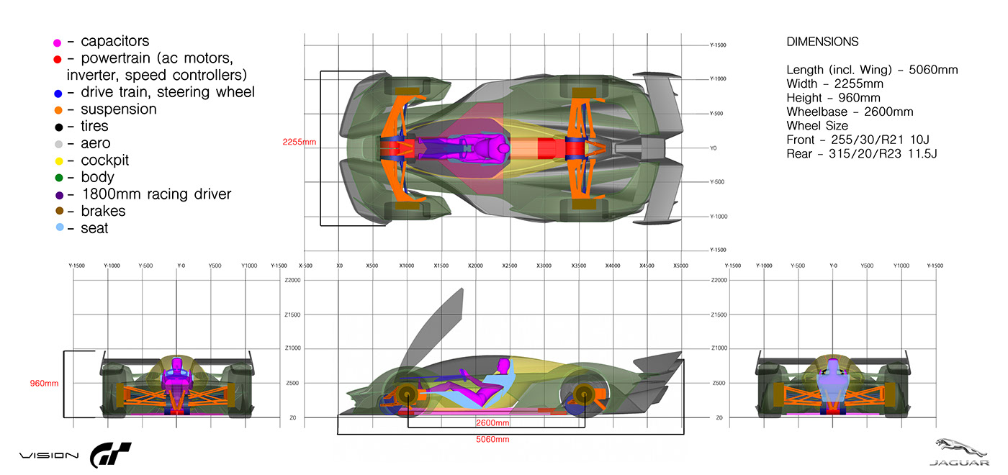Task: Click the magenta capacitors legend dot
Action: point(58,42)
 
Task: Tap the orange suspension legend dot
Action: point(58,110)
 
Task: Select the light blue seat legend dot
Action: point(58,228)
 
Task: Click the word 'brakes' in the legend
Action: point(103,211)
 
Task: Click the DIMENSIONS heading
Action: point(822,42)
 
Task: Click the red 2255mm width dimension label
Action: point(300,142)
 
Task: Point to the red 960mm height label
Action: point(44,384)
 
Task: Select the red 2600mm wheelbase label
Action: point(492,422)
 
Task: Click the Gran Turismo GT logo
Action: point(110,456)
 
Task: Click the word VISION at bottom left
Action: point(49,456)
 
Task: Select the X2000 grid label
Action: point(475,266)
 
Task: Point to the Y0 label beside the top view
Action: point(713,148)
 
